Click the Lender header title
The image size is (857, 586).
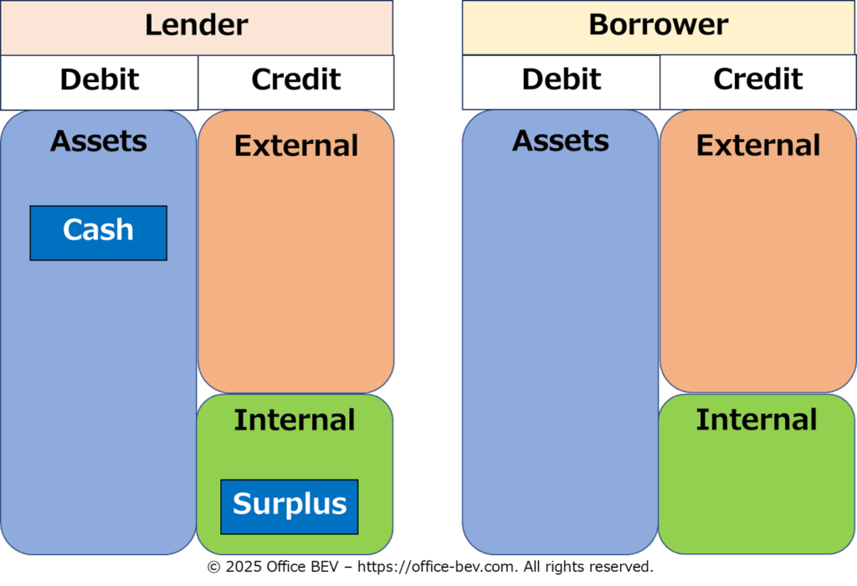pyautogui.click(x=197, y=25)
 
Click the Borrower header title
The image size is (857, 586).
pyautogui.click(x=658, y=25)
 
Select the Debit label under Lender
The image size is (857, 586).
pyautogui.click(x=100, y=80)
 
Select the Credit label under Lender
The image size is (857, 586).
pyautogui.click(x=296, y=80)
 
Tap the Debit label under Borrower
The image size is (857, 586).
pyautogui.click(x=562, y=80)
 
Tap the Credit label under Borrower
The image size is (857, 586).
pyautogui.click(x=758, y=80)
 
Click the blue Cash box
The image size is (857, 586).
pyautogui.click(x=98, y=232)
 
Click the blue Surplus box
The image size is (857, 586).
pyautogui.click(x=289, y=506)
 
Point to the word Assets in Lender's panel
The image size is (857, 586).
pyautogui.click(x=99, y=141)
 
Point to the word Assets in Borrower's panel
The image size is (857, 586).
pyautogui.click(x=561, y=141)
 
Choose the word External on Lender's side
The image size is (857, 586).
pyautogui.click(x=296, y=146)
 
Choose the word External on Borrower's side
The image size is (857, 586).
pyautogui.click(x=758, y=146)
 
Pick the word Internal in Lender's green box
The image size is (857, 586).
pyautogui.click(x=295, y=420)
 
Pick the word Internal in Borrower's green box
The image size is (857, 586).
pyautogui.click(x=757, y=420)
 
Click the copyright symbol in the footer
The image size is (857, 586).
pyautogui.click(x=213, y=568)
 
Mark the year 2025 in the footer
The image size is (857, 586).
pyautogui.click(x=243, y=568)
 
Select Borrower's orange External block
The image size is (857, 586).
pyautogui.click(x=758, y=268)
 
